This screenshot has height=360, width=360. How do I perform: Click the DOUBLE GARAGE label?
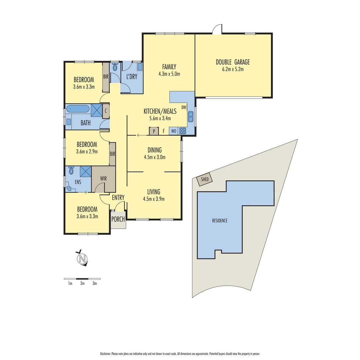click(x=233, y=62)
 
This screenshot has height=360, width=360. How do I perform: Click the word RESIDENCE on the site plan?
click(x=220, y=221)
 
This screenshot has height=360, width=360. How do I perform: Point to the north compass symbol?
click(x=82, y=258)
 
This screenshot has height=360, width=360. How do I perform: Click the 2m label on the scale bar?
click(x=82, y=284)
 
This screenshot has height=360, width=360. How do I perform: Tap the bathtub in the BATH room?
click(x=78, y=109)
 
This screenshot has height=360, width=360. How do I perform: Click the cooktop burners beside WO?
click(x=183, y=131)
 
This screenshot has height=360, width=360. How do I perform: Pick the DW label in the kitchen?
click(x=184, y=107)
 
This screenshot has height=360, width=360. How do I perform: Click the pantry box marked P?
click(x=154, y=131)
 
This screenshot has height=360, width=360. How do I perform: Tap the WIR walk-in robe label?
click(x=103, y=179)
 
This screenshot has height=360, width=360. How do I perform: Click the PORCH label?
click(x=118, y=219)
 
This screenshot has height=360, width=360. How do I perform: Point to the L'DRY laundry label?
click(x=132, y=76)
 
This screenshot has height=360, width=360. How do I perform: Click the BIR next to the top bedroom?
click(x=106, y=77)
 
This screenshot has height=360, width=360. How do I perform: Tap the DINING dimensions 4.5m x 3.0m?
click(x=154, y=157)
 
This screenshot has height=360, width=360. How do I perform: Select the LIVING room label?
click(x=154, y=192)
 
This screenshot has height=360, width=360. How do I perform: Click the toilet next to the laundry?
click(x=115, y=68)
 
